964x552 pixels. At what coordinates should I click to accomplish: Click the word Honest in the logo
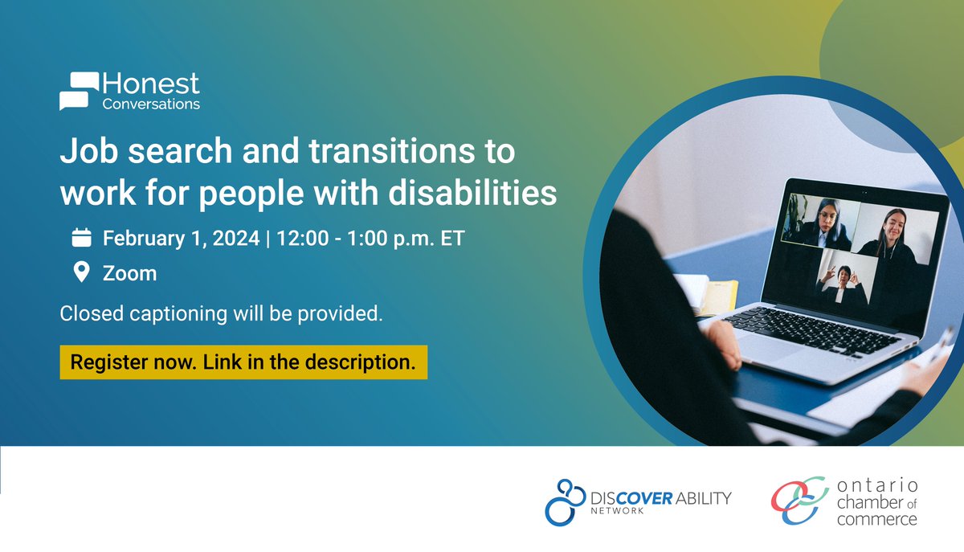click(x=151, y=84)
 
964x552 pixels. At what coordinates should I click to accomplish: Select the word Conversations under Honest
click(x=151, y=104)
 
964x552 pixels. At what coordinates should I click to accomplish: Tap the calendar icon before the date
click(x=81, y=238)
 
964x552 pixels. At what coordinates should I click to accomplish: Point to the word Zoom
click(x=129, y=273)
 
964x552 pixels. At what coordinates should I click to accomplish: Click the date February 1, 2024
click(x=181, y=239)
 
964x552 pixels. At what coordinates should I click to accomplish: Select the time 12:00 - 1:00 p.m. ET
click(x=369, y=239)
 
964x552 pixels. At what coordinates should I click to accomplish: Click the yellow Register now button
click(x=243, y=362)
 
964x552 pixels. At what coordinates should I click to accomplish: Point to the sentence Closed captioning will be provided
click(x=221, y=313)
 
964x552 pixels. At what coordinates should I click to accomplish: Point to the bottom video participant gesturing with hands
click(x=840, y=278)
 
